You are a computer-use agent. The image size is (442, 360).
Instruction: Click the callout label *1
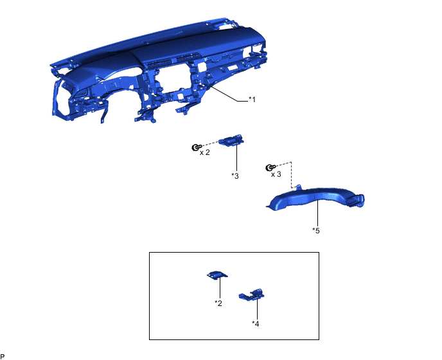pyautogui.click(x=252, y=99)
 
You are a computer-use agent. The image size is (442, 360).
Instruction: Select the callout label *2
pyautogui.click(x=218, y=303)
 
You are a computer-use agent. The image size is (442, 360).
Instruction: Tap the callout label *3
pyautogui.click(x=235, y=175)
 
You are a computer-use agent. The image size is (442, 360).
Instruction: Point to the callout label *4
pyautogui.click(x=256, y=323)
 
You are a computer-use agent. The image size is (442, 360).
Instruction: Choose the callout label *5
pyautogui.click(x=316, y=231)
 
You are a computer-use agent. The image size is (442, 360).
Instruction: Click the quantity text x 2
pyautogui.click(x=205, y=152)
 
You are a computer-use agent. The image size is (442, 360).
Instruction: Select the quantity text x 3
pyautogui.click(x=276, y=174)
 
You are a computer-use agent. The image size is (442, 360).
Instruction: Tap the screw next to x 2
pyautogui.click(x=196, y=147)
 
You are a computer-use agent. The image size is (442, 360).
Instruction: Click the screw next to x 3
pyautogui.click(x=270, y=168)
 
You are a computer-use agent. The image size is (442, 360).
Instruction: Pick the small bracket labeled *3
pyautogui.click(x=231, y=141)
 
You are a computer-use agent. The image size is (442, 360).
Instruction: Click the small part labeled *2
pyautogui.click(x=217, y=275)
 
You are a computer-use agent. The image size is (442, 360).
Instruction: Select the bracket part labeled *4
pyautogui.click(x=252, y=295)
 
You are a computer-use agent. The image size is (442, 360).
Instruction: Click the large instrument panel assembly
pyautogui.click(x=158, y=71)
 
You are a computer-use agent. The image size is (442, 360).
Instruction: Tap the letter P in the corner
pyautogui.click(x=3, y=357)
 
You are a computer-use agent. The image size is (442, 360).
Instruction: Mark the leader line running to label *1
pyautogui.click(x=228, y=94)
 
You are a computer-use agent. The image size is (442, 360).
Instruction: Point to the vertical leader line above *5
pyautogui.click(x=317, y=213)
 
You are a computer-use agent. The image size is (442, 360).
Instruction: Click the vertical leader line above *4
pyautogui.click(x=257, y=309)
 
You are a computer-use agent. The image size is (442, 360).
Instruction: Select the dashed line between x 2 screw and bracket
pyautogui.click(x=210, y=143)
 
